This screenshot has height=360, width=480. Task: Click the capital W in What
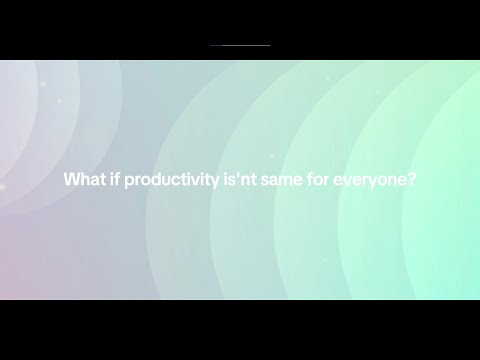pos(71,181)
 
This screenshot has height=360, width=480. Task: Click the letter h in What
pos(81,181)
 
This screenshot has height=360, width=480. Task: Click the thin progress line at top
pos(240,45)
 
